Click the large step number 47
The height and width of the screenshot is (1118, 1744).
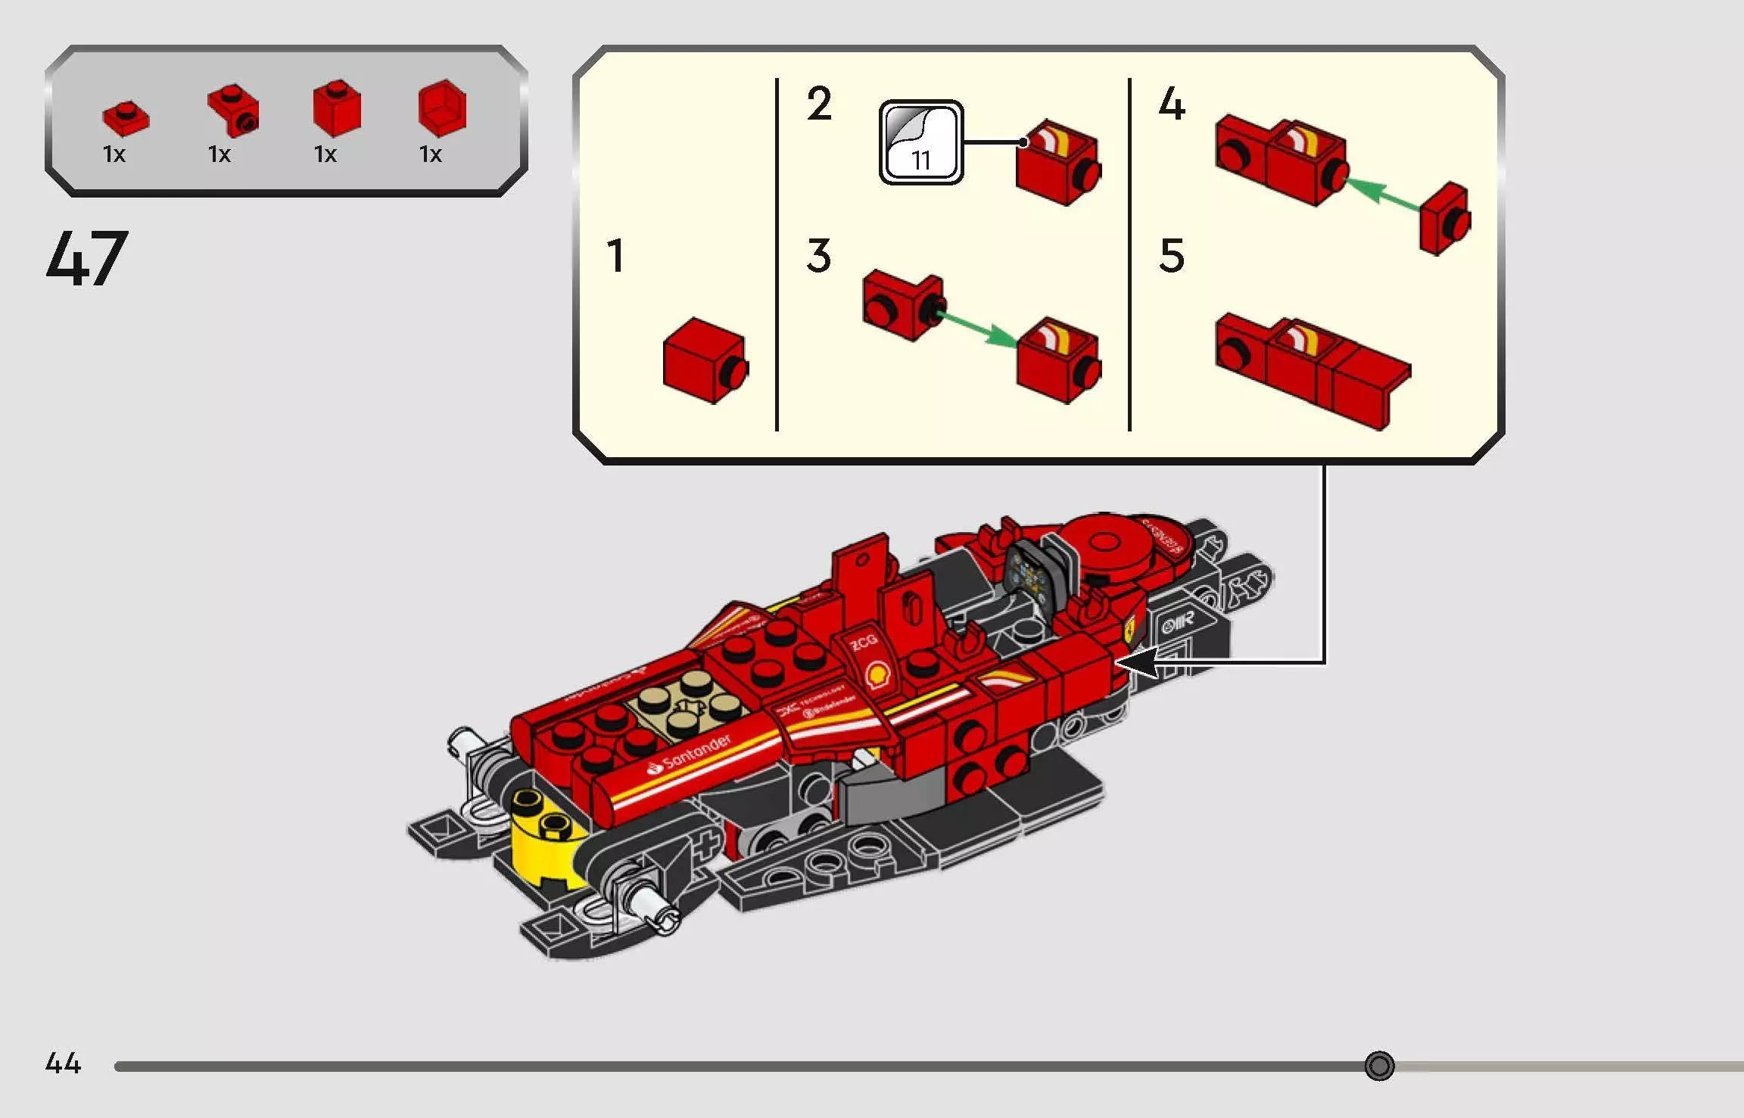tap(87, 259)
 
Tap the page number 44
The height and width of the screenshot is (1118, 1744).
tap(63, 1063)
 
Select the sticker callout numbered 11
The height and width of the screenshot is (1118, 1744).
tap(920, 142)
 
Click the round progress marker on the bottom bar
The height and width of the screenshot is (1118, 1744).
tap(1378, 1066)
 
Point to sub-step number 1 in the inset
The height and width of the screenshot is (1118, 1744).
tap(615, 256)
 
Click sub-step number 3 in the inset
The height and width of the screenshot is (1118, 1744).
tap(818, 256)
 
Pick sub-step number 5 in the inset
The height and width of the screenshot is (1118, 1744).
tap(1171, 256)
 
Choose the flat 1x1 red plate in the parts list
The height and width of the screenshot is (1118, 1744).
tap(126, 118)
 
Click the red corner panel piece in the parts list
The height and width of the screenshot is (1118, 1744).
tap(442, 108)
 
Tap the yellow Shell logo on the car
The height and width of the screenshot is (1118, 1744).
tap(877, 674)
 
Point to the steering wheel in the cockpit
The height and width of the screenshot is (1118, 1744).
tap(1028, 574)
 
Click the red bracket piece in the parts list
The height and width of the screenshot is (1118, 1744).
tap(233, 111)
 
